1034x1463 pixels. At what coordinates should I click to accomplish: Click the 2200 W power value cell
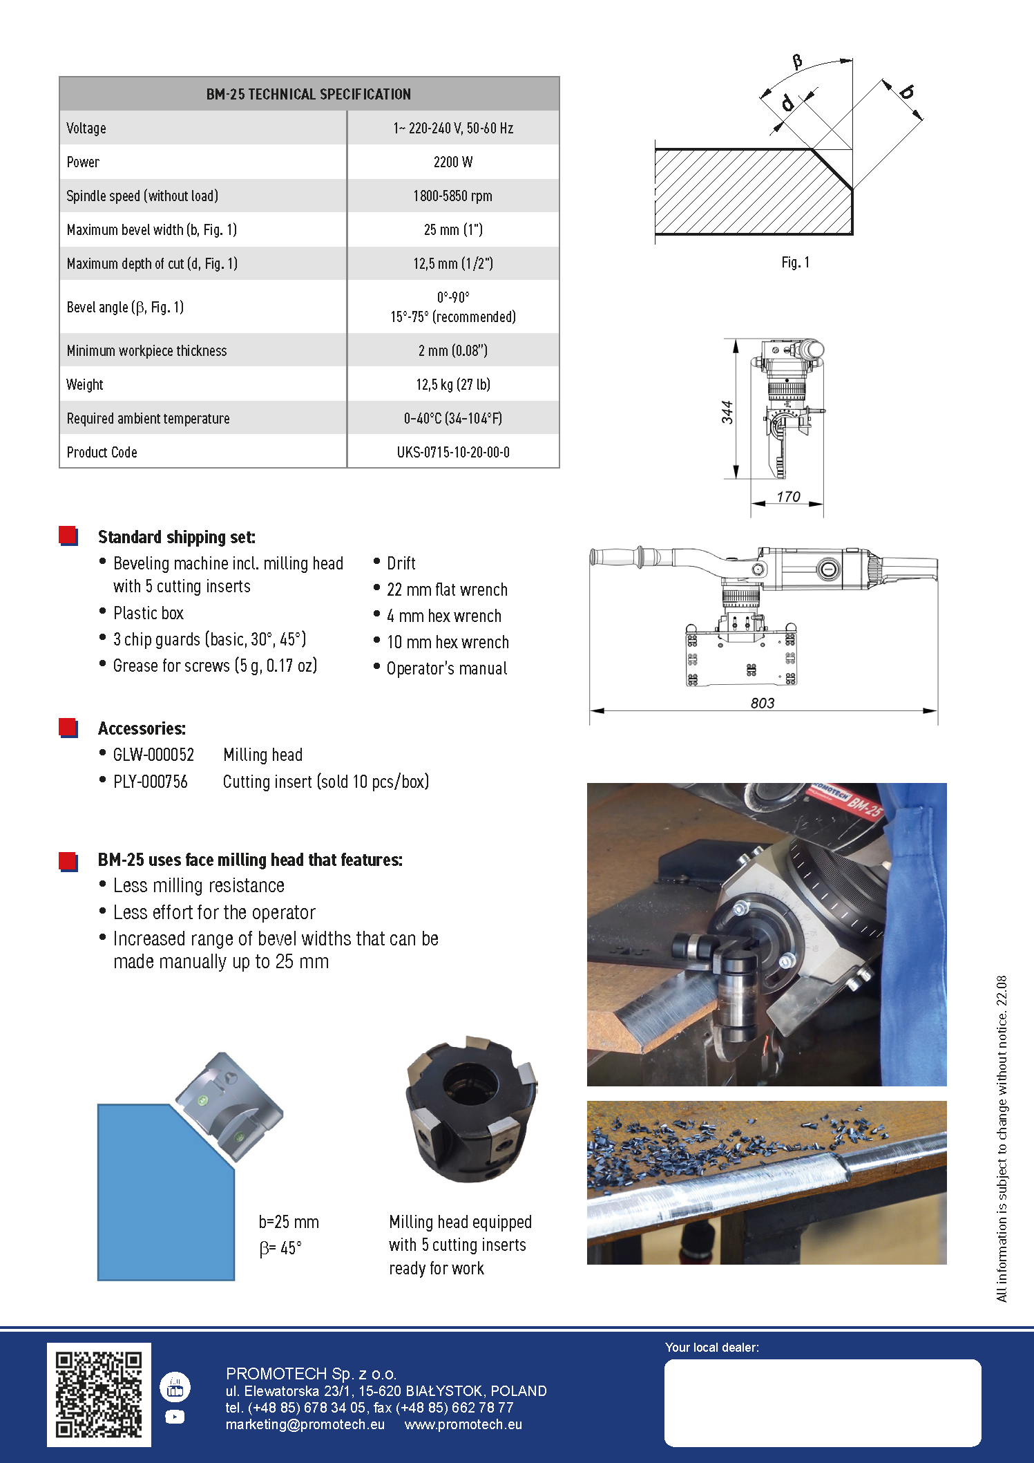coord(453,162)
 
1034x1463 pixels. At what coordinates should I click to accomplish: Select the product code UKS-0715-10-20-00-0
coord(453,452)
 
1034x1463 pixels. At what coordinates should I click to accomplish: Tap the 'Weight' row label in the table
coord(85,384)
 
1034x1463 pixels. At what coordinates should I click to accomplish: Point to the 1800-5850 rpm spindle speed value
coord(453,196)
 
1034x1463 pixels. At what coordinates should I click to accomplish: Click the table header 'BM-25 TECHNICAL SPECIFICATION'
coord(309,94)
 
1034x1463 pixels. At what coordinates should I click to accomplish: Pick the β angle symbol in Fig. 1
coord(797,62)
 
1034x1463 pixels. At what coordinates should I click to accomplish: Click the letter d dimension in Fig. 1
coord(787,104)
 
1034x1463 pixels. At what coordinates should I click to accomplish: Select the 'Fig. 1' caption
coord(795,263)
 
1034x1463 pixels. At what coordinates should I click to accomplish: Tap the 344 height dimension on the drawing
coord(727,412)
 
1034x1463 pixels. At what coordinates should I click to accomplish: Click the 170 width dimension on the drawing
coord(788,496)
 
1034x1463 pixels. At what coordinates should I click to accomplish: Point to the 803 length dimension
coord(763,703)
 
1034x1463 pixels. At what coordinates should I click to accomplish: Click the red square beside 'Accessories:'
coord(68,727)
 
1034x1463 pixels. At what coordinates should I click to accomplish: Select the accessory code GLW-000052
coord(153,755)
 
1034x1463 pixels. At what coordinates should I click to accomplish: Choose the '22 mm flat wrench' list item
coord(447,589)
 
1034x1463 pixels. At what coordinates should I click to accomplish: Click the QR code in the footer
coord(99,1394)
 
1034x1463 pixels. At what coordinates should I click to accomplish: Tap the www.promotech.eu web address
coord(463,1424)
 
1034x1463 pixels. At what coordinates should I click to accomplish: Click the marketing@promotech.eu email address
coord(305,1424)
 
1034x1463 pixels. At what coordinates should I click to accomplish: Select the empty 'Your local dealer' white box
coord(822,1402)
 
